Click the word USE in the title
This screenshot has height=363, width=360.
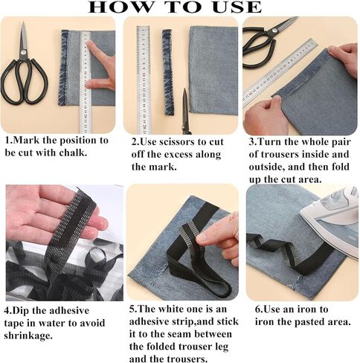(237, 7)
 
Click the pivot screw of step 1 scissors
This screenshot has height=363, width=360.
(23, 52)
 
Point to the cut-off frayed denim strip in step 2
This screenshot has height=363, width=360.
(167, 72)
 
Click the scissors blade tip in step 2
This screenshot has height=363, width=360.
(184, 89)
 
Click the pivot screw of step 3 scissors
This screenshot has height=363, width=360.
(274, 31)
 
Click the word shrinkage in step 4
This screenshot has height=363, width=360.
(28, 335)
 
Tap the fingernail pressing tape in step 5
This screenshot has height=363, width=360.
(202, 237)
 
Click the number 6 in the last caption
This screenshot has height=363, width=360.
(258, 309)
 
